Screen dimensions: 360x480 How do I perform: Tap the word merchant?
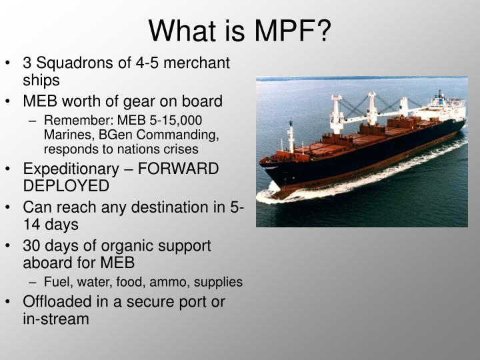tap(197, 63)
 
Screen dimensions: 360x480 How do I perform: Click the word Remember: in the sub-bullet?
tap(75, 121)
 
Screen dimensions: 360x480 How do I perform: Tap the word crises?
tap(180, 149)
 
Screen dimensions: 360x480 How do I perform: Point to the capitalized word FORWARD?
tap(181, 169)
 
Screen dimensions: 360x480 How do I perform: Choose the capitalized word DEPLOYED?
tap(66, 185)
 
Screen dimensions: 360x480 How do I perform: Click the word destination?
tap(150, 207)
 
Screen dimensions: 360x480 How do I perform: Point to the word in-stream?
tap(56, 319)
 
